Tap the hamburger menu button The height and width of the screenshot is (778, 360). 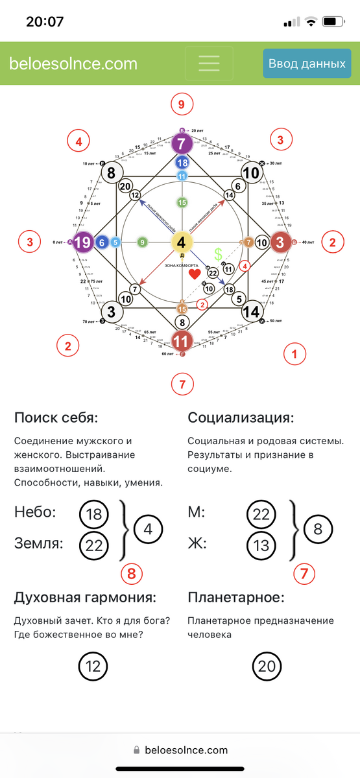tap(209, 64)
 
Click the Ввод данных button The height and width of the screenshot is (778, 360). tap(307, 64)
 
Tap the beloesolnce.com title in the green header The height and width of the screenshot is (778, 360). tap(73, 64)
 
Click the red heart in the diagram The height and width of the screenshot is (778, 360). tap(195, 274)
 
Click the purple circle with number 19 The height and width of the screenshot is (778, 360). tap(82, 242)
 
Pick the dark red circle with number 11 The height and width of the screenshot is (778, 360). tap(182, 341)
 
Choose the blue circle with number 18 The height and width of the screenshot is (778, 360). tap(182, 163)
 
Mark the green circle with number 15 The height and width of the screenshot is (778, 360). tap(182, 203)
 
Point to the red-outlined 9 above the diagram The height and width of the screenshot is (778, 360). tap(182, 103)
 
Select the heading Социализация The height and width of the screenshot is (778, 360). tap(241, 417)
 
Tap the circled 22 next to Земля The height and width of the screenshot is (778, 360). tap(94, 545)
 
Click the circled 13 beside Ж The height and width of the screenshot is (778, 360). tap(261, 545)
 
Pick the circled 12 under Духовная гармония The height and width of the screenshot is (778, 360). tap(94, 666)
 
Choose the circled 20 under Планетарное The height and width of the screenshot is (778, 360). tap(267, 666)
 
